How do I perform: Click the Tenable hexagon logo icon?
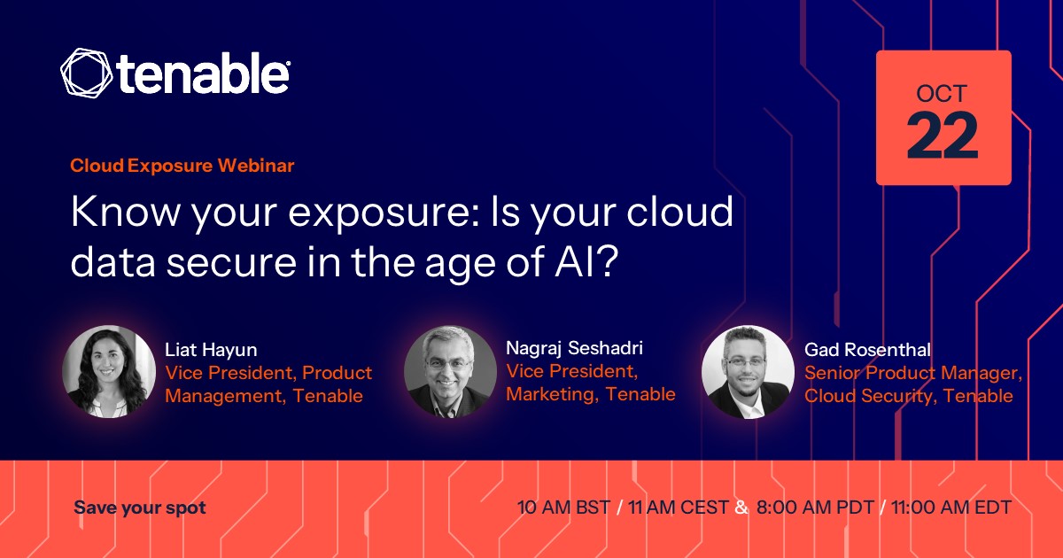click(87, 73)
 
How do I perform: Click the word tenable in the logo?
click(203, 73)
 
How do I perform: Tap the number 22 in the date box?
click(943, 136)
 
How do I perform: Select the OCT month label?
click(942, 94)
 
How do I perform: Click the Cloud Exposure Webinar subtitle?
click(182, 166)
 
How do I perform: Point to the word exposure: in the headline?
click(384, 212)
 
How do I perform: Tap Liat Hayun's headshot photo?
click(109, 371)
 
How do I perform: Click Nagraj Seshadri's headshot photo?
click(450, 371)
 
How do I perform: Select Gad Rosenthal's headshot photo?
click(748, 371)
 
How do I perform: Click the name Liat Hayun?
click(211, 351)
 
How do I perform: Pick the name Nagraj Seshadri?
click(575, 348)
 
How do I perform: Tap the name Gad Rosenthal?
click(867, 350)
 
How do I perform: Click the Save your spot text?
click(140, 508)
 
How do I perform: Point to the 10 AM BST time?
click(563, 508)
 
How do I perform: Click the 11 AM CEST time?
click(679, 508)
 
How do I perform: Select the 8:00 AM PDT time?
click(815, 508)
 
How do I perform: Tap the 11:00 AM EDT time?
click(951, 508)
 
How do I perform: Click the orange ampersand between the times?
click(741, 508)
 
